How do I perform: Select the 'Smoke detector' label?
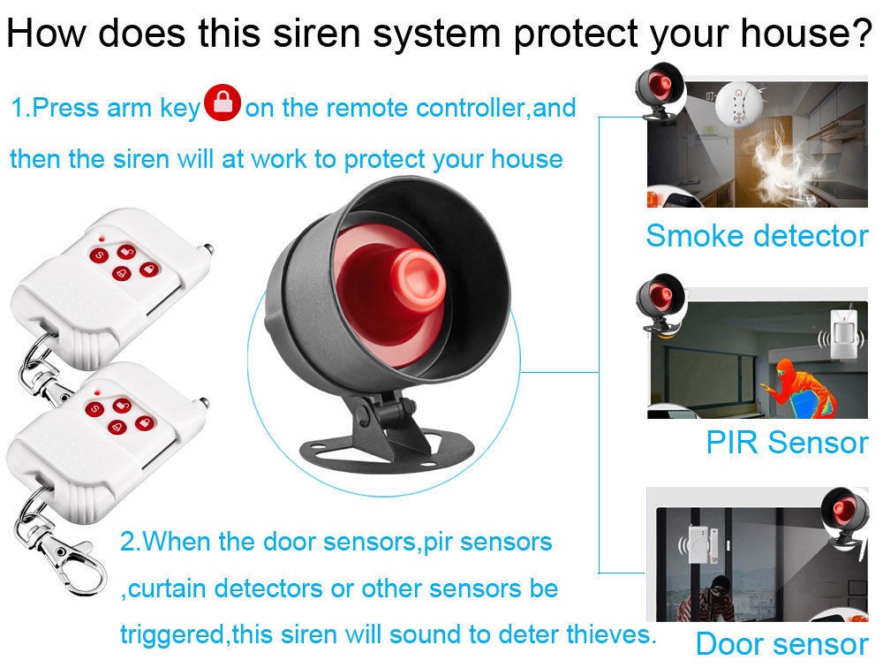coord(757,236)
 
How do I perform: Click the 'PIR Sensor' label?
coord(787,442)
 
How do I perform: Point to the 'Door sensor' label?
coord(781,643)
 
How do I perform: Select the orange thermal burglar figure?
coord(800,388)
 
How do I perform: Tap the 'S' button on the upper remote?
coord(99,255)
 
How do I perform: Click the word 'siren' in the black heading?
coord(316,33)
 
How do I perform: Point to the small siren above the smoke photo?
coord(659,91)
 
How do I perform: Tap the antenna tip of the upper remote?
coord(208,247)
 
